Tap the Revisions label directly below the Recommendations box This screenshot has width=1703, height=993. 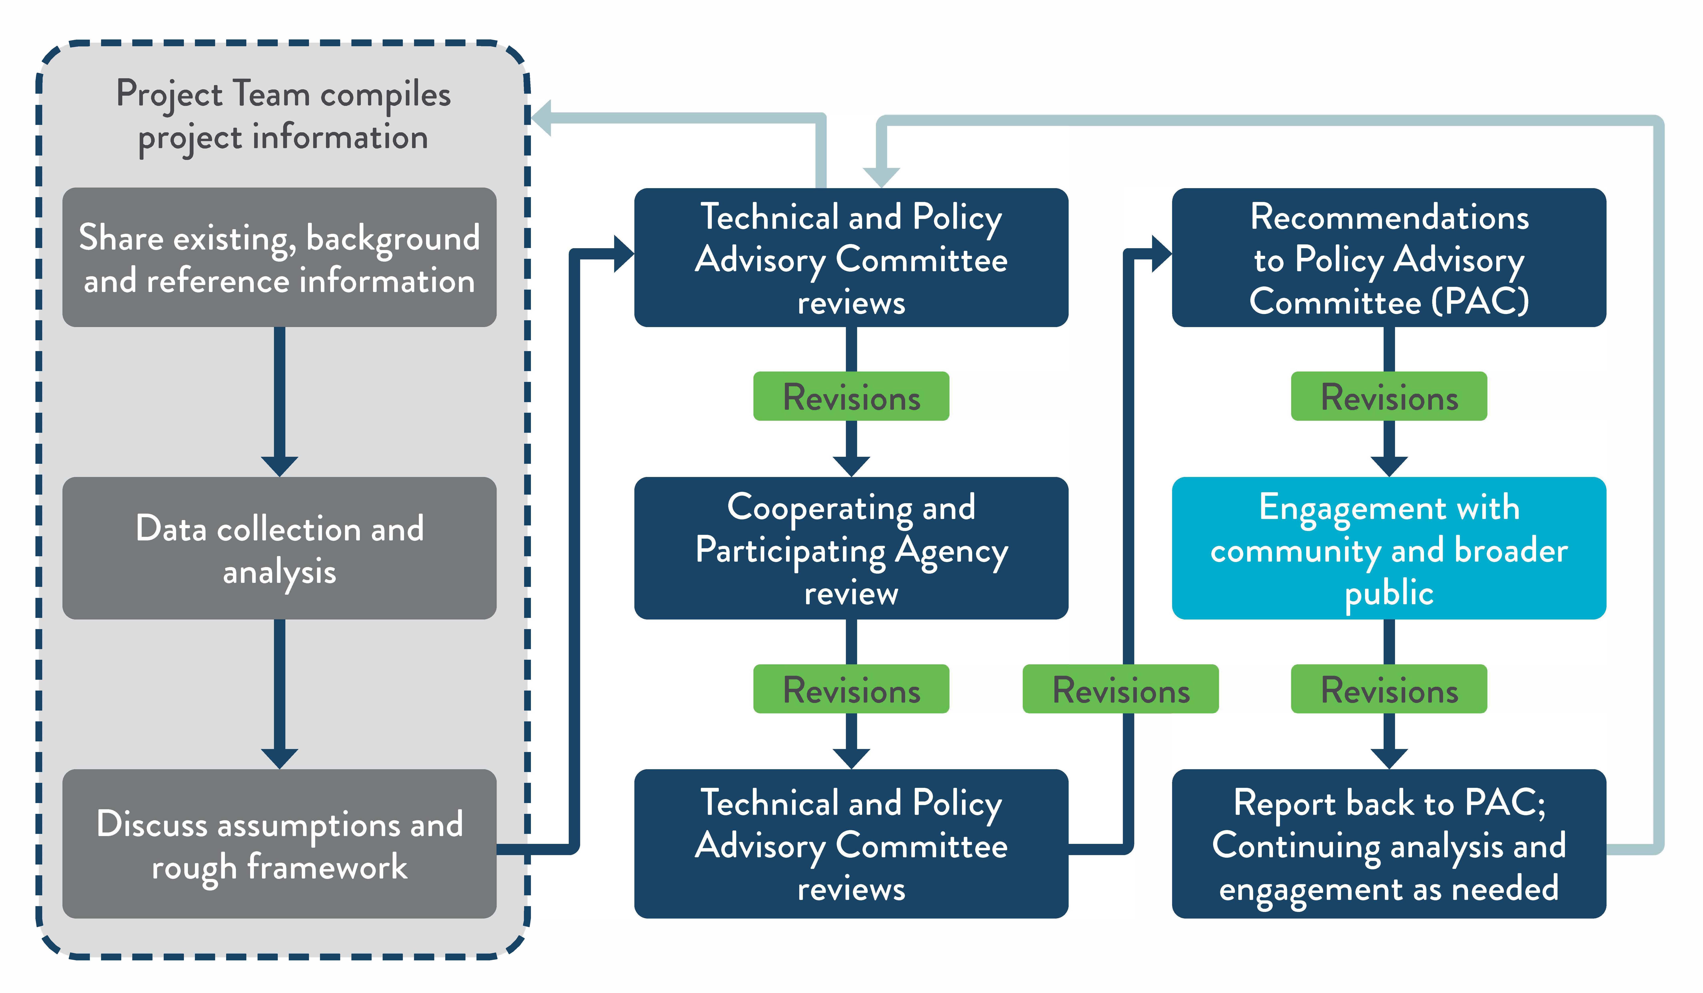click(x=1389, y=397)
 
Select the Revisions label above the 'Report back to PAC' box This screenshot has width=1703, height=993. click(x=1389, y=690)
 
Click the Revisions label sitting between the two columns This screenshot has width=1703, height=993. click(x=1120, y=690)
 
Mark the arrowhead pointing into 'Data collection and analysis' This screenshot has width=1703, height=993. click(x=279, y=466)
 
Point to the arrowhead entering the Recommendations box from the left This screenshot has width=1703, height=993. click(x=1161, y=254)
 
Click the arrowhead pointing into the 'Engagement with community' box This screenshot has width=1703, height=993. click(x=1389, y=466)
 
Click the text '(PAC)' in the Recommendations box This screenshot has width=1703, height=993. click(x=1480, y=301)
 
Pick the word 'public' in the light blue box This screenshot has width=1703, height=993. click(x=1389, y=593)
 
